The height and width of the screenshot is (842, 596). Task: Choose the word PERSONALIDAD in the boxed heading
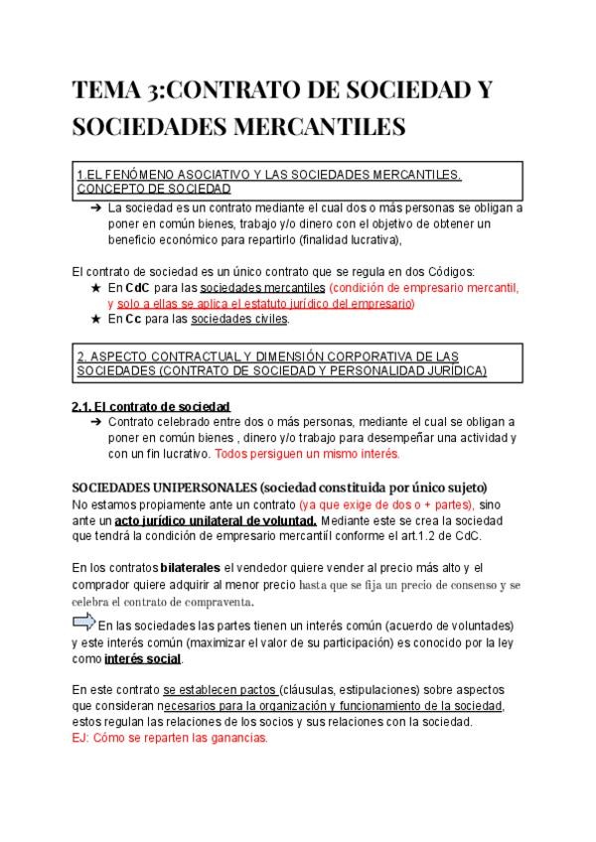pos(379,370)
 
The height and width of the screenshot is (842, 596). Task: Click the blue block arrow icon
pos(86,623)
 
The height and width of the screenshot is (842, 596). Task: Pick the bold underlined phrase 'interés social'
pos(142,658)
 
